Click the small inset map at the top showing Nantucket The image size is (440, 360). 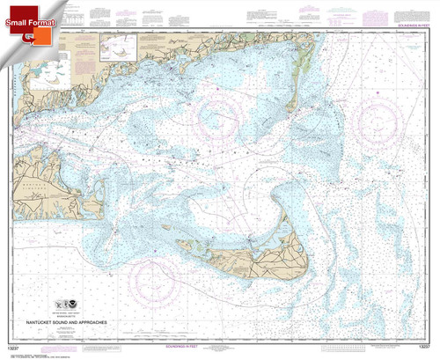tap(114, 42)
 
